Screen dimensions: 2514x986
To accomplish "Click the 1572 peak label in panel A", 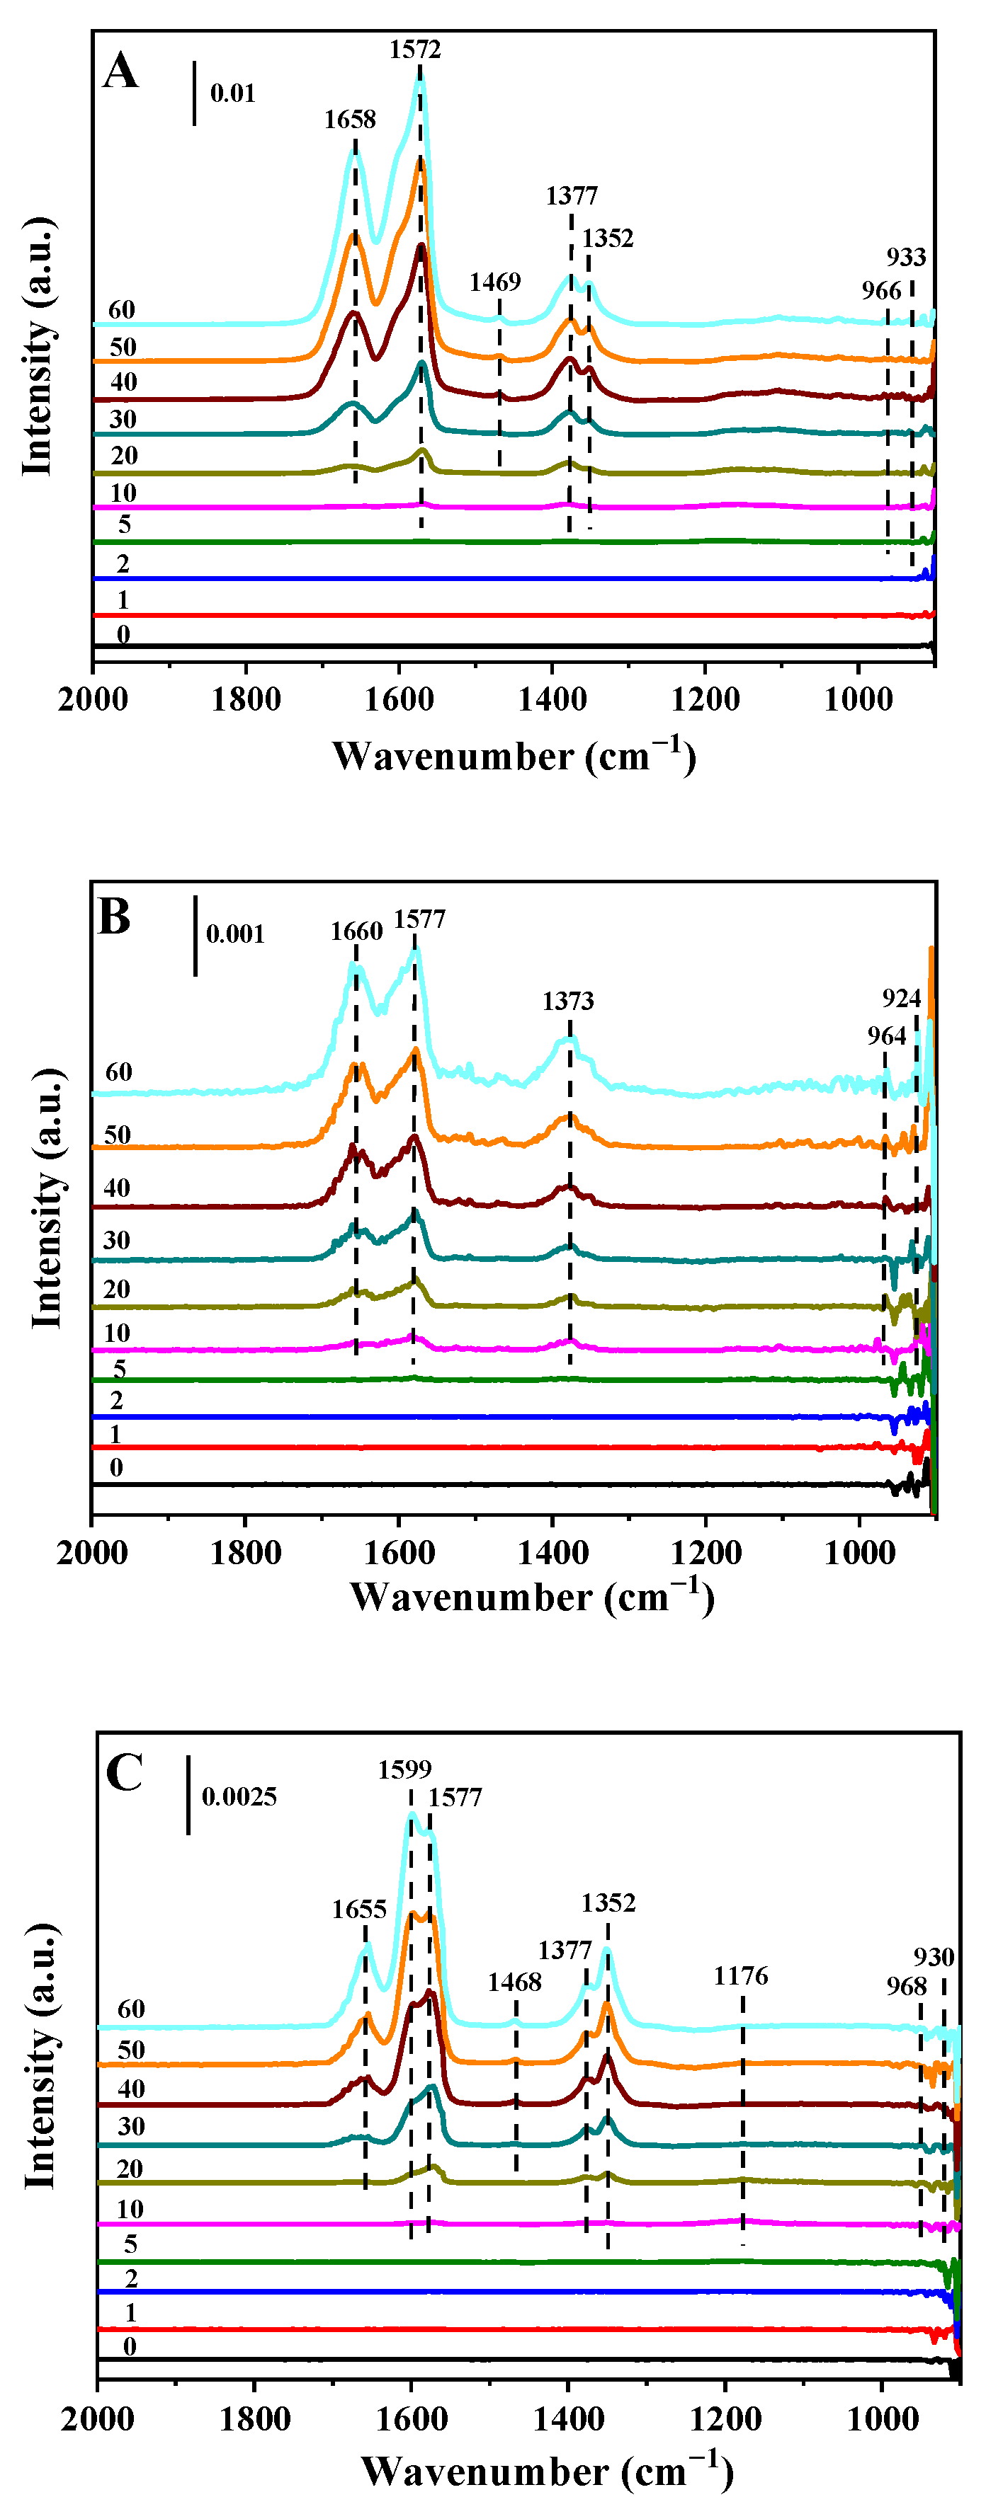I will [x=415, y=50].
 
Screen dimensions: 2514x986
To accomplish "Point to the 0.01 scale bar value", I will [x=232, y=93].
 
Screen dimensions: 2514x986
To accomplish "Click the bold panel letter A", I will [x=120, y=71].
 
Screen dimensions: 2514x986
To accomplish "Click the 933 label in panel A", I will [x=905, y=258].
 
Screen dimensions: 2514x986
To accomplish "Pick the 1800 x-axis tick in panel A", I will [x=245, y=700].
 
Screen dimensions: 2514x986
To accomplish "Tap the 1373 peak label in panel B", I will [x=567, y=1001].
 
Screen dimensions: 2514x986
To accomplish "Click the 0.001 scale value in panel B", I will [x=234, y=935].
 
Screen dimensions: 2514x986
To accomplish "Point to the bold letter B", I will [x=114, y=917].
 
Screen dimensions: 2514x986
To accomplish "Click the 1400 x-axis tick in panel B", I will [x=552, y=1553].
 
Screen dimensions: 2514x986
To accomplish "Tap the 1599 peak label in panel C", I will [x=404, y=1769].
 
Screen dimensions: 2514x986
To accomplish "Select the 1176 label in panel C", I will [x=740, y=1976].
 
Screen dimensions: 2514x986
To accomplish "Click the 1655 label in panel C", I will [x=358, y=1910].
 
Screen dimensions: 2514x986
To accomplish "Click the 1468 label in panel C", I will [x=514, y=1982].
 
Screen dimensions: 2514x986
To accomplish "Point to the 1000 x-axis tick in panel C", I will [x=882, y=2419].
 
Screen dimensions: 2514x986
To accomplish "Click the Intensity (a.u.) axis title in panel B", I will [x=47, y=1198].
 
